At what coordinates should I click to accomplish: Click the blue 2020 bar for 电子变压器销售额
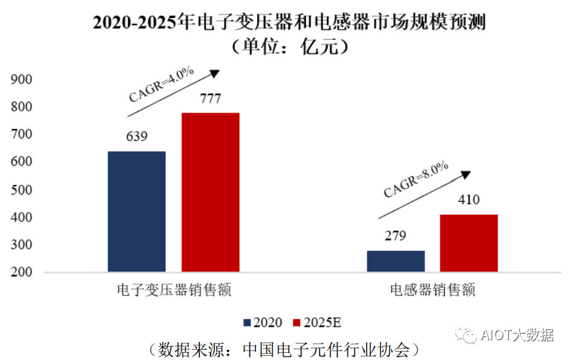137,211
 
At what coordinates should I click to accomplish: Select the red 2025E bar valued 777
211,192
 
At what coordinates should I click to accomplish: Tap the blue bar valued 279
396,261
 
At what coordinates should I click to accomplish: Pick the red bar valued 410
469,243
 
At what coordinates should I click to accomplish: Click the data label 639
136,136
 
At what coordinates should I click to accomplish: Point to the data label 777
210,98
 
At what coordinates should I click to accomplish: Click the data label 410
468,200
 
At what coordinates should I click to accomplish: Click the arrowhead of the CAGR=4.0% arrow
215,73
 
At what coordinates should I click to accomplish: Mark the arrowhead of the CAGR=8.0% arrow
465,174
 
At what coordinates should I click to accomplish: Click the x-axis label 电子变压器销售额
174,290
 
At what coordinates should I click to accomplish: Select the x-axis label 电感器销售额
432,290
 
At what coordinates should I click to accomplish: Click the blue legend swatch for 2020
247,323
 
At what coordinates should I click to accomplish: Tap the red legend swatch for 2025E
296,323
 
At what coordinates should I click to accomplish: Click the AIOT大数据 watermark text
517,335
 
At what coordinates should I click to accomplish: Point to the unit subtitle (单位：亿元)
286,47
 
